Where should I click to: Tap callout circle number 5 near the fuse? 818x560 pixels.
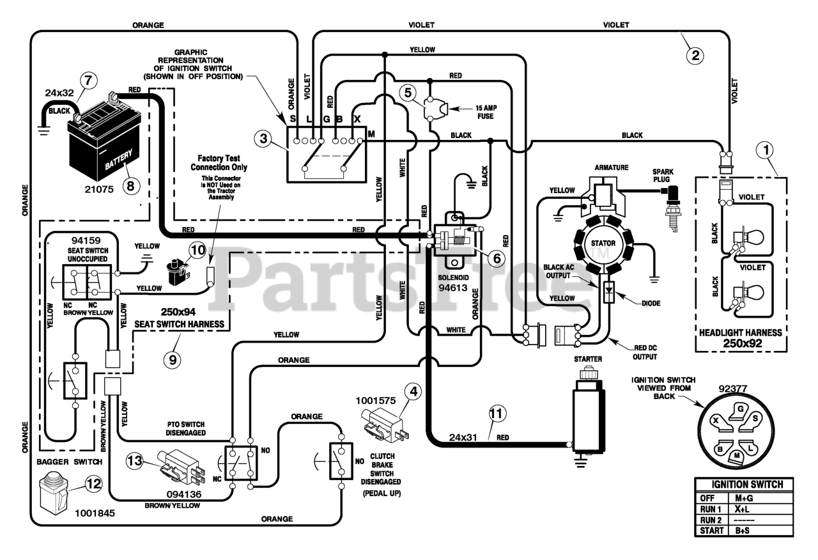tap(408, 93)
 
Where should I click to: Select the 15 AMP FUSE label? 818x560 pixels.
tap(486, 112)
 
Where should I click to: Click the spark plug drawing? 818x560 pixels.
tap(672, 208)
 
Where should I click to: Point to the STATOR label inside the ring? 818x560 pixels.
tap(603, 244)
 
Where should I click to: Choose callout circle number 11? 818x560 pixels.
tap(497, 414)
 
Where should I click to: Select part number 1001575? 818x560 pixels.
tap(376, 401)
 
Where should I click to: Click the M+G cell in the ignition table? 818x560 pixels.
tap(745, 498)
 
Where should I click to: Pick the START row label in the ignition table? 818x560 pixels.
tap(711, 531)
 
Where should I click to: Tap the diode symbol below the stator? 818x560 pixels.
tap(609, 292)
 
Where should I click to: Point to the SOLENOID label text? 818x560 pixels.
tap(453, 277)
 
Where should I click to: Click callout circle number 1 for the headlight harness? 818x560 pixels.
tap(766, 150)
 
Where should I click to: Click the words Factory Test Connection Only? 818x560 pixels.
tap(219, 163)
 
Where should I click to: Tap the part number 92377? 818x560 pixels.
tap(732, 389)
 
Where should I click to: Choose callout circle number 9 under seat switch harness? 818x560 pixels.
tap(173, 360)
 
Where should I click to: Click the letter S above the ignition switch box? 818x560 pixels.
tap(293, 119)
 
